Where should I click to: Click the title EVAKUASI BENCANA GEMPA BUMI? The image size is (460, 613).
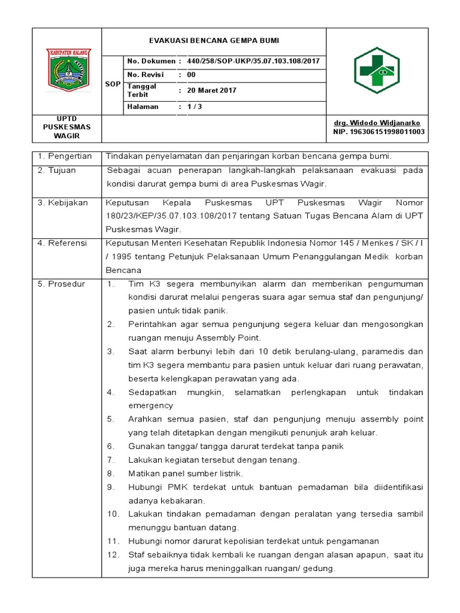click(214, 41)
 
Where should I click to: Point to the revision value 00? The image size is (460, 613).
click(191, 75)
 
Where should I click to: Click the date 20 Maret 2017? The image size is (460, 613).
click(212, 90)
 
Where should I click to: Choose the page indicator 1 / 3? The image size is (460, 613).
click(195, 107)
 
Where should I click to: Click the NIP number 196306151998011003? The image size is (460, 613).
click(379, 131)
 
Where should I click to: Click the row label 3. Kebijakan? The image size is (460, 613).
click(62, 203)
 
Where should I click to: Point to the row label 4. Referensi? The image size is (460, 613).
click(62, 243)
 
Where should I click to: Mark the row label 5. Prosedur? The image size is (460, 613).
click(61, 283)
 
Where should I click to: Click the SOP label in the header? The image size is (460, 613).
click(113, 84)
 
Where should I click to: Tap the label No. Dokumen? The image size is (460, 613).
click(150, 62)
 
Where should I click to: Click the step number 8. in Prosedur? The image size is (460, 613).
click(111, 474)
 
